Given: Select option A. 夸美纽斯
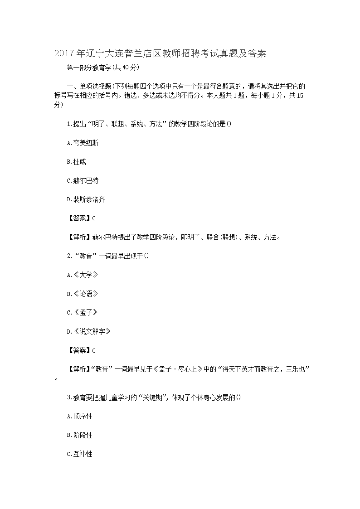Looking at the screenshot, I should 83,143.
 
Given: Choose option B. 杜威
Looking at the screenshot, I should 76,162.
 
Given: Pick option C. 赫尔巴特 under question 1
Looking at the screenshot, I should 83,180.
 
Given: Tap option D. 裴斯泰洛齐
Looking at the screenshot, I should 86,199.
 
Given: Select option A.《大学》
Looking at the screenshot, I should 82,275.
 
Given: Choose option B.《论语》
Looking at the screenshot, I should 82,294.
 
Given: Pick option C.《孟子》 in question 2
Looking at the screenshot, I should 82,313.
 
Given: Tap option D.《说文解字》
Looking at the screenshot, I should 88,332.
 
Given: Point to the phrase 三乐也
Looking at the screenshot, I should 297,369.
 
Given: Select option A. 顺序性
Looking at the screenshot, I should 79,417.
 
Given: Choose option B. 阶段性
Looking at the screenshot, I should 79,435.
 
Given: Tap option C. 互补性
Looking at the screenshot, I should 79,454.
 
